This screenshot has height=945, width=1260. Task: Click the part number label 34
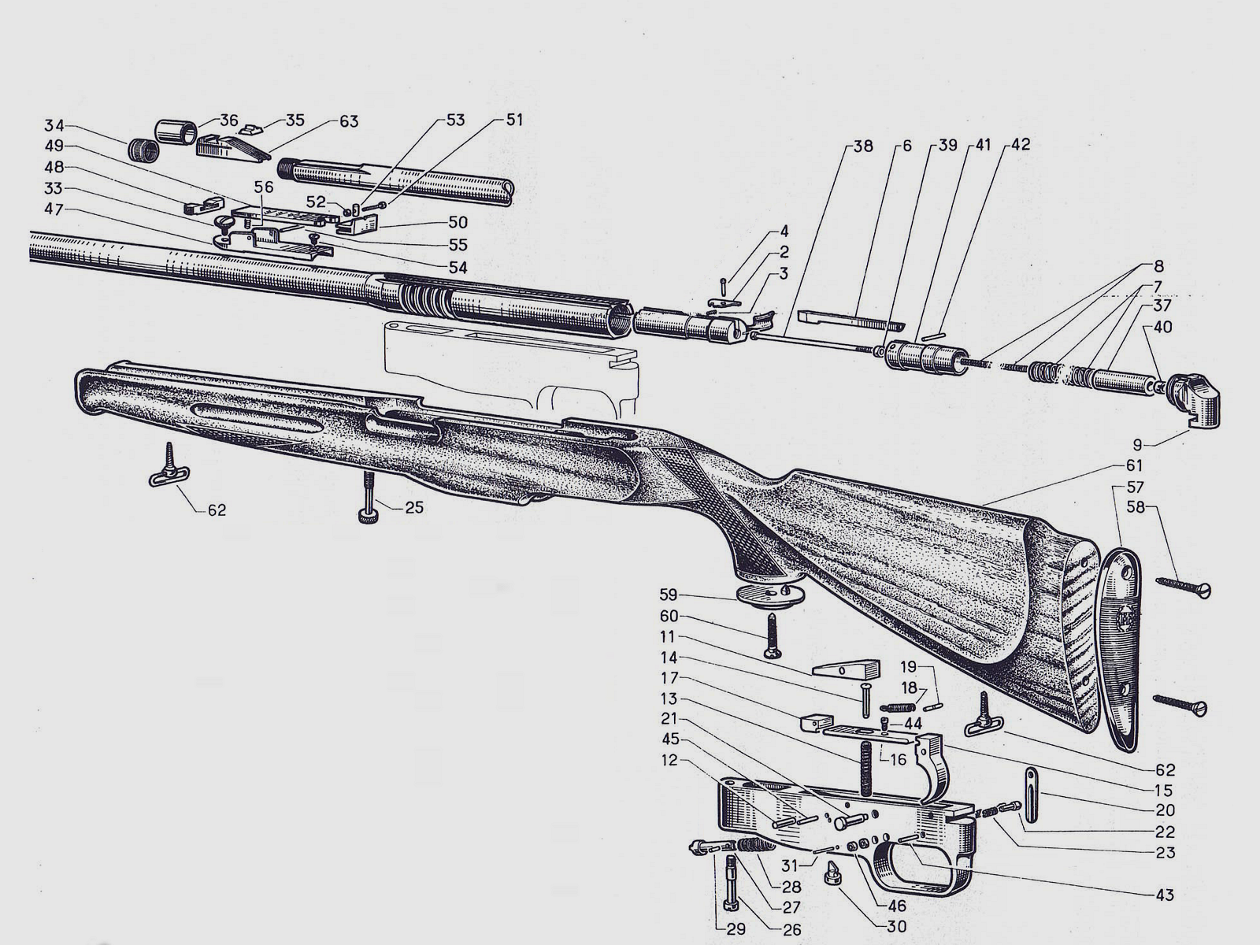pyautogui.click(x=54, y=126)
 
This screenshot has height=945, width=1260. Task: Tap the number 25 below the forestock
pyautogui.click(x=414, y=507)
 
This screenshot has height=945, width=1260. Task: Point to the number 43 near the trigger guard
pyautogui.click(x=1164, y=895)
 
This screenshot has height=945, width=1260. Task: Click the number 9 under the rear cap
pyautogui.click(x=1136, y=444)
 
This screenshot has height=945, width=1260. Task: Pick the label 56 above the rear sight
pyautogui.click(x=264, y=187)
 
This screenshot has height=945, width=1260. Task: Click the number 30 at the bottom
pyautogui.click(x=896, y=927)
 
